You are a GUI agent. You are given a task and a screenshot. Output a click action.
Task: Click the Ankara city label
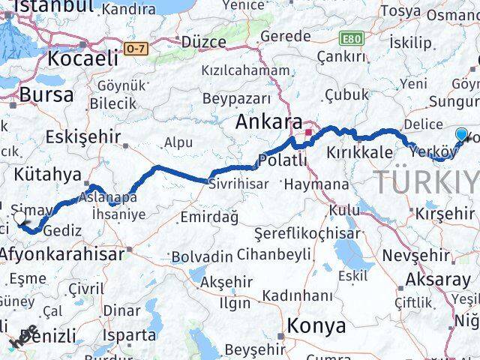269,121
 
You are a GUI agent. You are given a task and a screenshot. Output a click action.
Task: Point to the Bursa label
46,94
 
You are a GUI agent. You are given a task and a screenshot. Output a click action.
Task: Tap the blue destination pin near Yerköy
461,136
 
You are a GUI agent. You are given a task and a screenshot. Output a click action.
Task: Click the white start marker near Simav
20,218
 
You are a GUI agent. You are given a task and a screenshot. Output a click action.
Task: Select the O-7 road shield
135,48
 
